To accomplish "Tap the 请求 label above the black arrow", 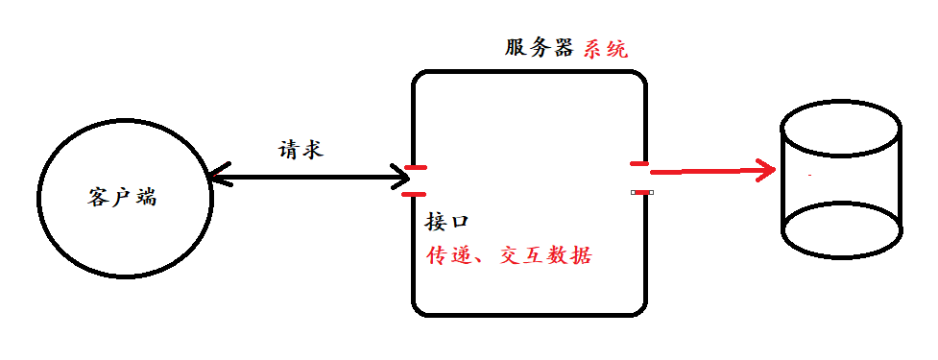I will point(301,149).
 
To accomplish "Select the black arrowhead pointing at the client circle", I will point(217,176).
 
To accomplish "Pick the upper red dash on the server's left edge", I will point(415,169).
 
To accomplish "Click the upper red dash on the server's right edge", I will point(639,164).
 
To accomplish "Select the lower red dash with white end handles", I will point(641,192).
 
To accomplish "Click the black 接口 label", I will point(446,223).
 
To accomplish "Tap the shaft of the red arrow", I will point(706,172).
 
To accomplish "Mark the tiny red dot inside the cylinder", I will point(811,176).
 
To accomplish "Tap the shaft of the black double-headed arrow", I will point(307,177).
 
